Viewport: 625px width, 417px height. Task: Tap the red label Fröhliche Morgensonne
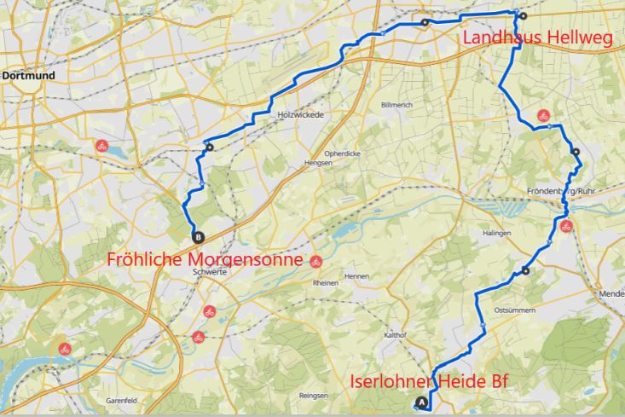(205, 259)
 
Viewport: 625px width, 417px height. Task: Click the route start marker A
(420, 402)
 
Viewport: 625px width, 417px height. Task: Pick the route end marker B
(198, 237)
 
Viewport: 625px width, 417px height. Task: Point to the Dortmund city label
(28, 76)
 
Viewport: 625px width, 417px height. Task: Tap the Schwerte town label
(210, 272)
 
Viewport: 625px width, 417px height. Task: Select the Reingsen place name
(315, 397)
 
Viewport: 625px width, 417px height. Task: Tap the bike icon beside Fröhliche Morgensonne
(316, 261)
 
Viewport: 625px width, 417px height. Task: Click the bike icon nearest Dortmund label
(101, 146)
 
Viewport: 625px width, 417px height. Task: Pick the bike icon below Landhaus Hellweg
(543, 116)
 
